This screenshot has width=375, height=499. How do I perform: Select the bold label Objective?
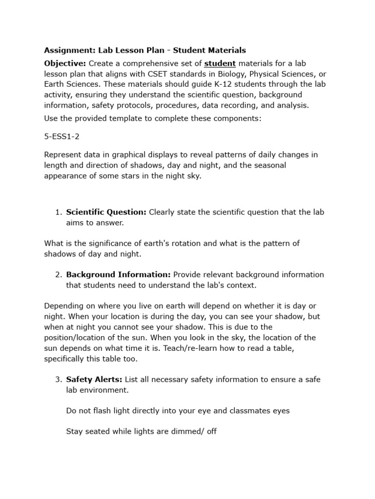[65, 63]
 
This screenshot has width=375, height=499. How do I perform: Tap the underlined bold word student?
[220, 63]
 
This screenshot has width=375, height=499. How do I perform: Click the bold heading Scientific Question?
[106, 212]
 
